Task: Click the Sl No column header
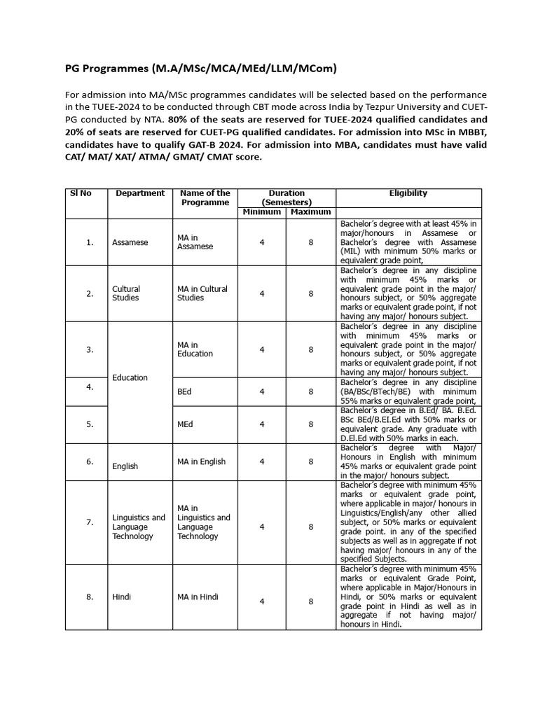point(81,193)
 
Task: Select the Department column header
point(140,193)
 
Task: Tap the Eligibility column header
point(408,193)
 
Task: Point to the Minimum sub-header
point(261,212)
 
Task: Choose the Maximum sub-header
point(311,212)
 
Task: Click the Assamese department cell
point(130,242)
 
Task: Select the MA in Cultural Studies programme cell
point(202,293)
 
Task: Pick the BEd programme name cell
point(184,392)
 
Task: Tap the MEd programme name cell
point(186,424)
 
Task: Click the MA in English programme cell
point(202,461)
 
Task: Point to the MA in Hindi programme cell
point(198,597)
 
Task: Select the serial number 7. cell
point(90,522)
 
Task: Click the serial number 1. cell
point(90,242)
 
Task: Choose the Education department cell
point(130,377)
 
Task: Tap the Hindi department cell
point(122,597)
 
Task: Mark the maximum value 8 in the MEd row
point(311,424)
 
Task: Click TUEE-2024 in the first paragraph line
point(119,106)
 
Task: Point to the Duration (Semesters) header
point(287,197)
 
